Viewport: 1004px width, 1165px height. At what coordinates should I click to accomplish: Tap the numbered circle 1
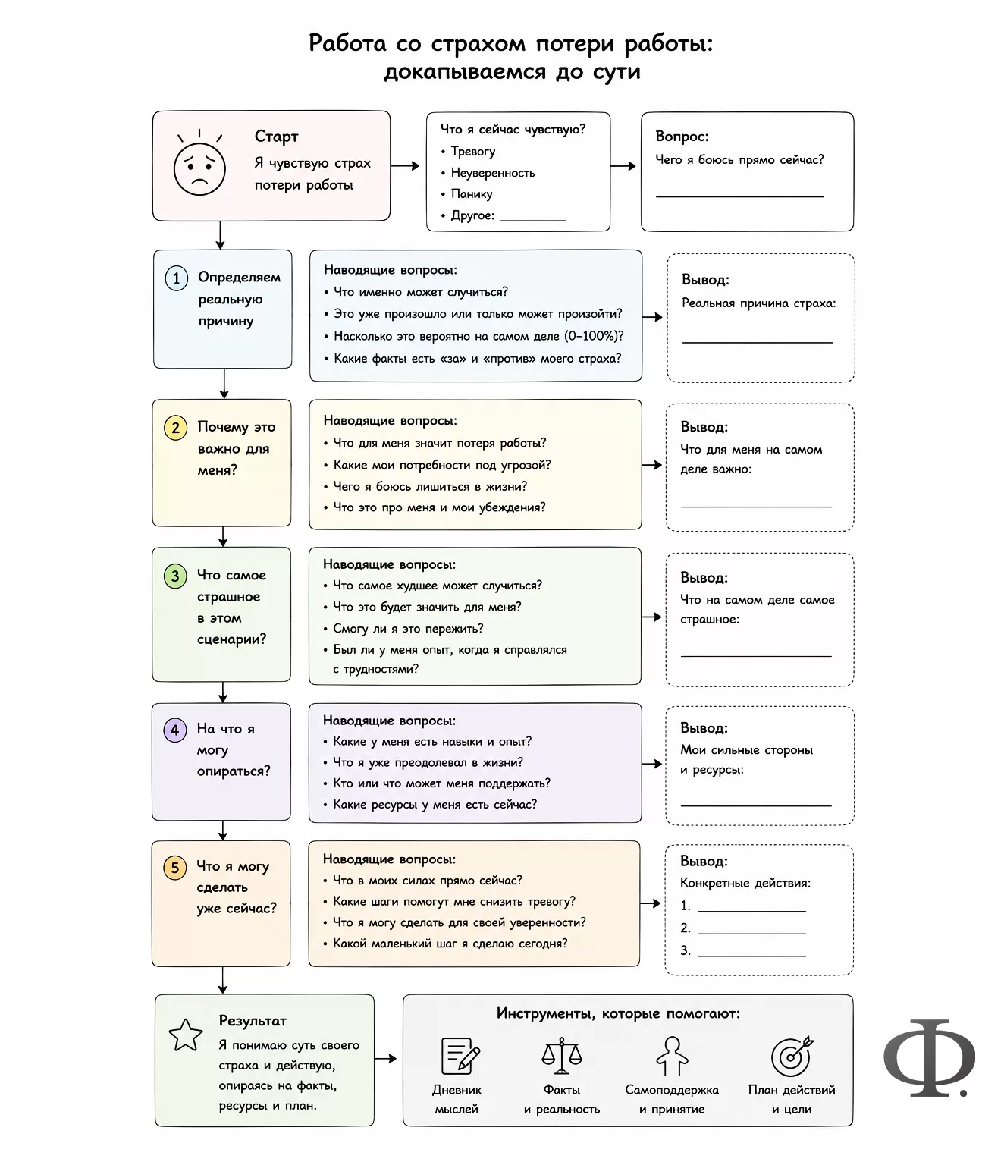pos(177,278)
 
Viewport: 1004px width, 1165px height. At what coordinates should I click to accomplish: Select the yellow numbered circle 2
pos(176,428)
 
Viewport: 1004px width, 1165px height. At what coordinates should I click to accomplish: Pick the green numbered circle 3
pos(175,576)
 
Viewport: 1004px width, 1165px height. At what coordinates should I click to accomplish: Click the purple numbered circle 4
pos(174,730)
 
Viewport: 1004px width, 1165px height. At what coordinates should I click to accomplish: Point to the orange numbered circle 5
pos(174,868)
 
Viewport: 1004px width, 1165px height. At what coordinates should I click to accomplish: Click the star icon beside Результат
pos(185,1035)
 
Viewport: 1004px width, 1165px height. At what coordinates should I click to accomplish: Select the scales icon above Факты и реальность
pos(561,1055)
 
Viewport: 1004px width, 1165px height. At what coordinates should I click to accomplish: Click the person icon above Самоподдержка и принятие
pos(672,1056)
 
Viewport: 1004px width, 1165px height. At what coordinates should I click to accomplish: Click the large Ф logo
pos(928,1066)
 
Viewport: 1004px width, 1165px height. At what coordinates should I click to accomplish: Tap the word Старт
pos(276,137)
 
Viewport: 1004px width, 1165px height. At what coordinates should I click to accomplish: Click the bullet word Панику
pos(472,194)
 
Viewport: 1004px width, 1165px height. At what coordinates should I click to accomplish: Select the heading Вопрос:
pos(682,137)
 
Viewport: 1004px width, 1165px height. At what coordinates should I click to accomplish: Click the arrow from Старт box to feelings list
pos(405,165)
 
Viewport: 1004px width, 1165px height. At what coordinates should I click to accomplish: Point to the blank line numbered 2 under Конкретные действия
pos(751,934)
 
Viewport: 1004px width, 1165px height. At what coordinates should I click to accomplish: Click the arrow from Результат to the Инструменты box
pos(385,1059)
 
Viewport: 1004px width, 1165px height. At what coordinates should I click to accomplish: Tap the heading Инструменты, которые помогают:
pos(618,1014)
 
